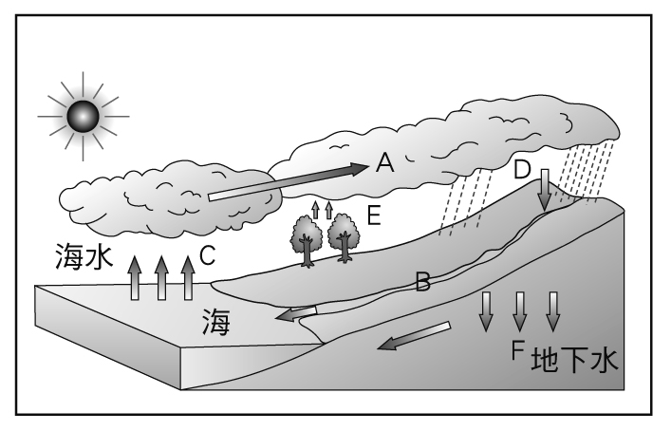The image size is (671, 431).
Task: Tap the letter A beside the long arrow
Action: click(x=384, y=164)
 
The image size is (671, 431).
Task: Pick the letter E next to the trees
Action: click(x=373, y=215)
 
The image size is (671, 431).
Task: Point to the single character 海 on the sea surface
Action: click(x=214, y=325)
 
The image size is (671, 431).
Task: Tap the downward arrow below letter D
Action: click(x=545, y=192)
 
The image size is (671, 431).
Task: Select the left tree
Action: click(x=307, y=240)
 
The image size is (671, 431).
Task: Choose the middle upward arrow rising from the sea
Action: click(x=161, y=277)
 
